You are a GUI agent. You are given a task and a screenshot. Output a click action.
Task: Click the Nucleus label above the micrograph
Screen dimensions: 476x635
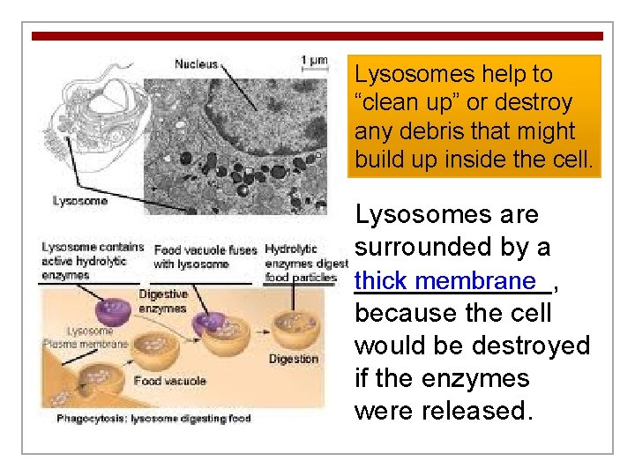(196, 63)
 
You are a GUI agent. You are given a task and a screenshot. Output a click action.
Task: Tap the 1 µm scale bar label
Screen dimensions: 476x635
(314, 61)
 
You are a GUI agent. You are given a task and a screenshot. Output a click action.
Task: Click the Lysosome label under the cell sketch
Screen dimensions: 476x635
(79, 201)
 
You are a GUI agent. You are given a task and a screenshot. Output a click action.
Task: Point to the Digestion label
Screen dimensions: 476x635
(293, 360)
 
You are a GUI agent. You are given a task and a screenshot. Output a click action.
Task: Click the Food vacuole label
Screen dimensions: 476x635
(169, 381)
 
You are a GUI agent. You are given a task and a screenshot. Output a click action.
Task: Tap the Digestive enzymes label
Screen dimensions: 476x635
(162, 301)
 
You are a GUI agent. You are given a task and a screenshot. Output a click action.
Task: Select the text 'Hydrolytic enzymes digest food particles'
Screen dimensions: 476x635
(300, 264)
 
